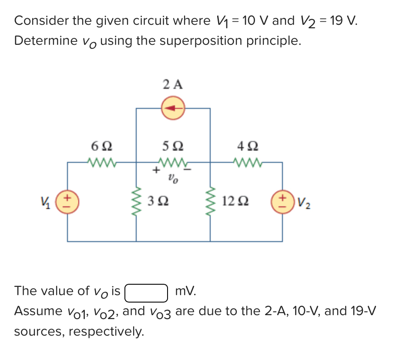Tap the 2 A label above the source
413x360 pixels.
coord(173,84)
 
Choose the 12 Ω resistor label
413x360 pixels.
coord(235,201)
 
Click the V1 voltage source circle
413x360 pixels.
coord(67,201)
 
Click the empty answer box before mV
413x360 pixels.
coord(146,292)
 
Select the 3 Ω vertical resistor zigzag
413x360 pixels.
coord(137,201)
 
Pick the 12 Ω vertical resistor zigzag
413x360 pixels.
coord(211,201)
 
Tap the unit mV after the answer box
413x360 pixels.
coord(185,291)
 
